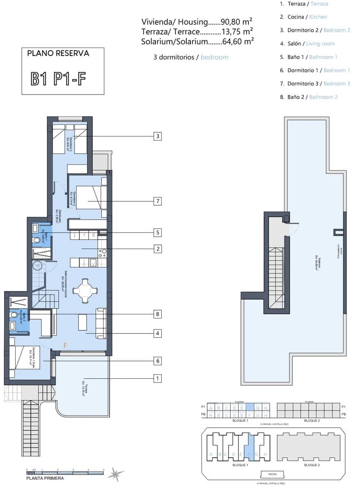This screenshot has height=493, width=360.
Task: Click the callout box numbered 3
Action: point(158,136)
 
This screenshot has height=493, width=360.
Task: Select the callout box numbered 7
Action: point(158,201)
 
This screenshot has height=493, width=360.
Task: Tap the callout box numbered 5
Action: point(158,233)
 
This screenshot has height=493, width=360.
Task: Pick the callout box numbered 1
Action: point(158,378)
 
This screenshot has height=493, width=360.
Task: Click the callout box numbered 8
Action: point(158,314)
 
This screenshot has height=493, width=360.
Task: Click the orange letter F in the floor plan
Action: point(65,346)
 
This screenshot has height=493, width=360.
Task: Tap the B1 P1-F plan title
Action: point(59,78)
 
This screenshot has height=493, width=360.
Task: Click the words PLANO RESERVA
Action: point(58,53)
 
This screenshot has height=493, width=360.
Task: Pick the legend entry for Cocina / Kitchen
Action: point(303,17)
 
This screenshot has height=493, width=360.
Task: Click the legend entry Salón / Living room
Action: point(307,44)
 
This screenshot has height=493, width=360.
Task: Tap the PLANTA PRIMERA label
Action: point(45,478)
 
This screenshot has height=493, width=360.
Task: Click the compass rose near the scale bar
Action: point(115,475)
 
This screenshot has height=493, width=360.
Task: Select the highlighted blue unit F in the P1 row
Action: point(250,407)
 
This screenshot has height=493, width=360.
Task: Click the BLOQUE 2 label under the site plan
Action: point(312,465)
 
